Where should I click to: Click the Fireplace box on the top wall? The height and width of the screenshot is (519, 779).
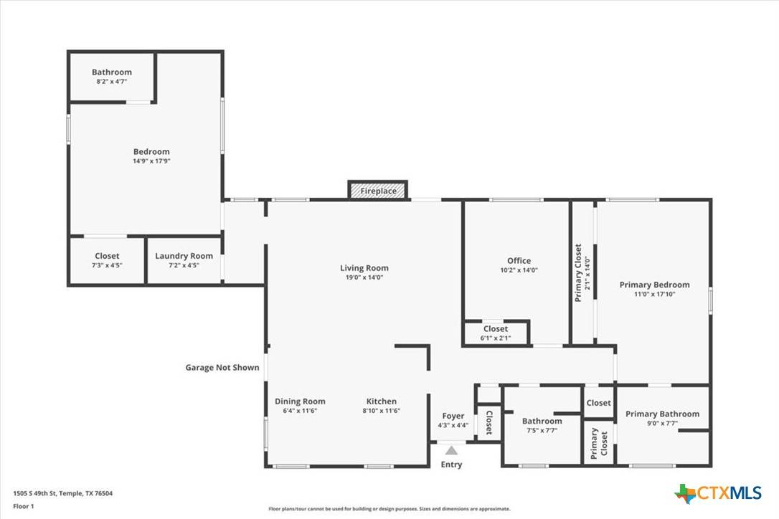(x=377, y=191)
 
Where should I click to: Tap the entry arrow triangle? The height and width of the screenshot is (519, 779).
(x=451, y=451)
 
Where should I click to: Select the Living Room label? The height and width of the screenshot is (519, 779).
(x=364, y=268)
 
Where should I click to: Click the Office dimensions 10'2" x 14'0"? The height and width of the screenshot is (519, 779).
(x=519, y=270)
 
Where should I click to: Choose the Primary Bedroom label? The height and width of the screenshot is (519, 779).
(x=654, y=285)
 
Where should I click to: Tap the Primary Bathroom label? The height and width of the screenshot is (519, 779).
(x=662, y=414)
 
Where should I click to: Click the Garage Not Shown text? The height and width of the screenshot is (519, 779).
(x=222, y=368)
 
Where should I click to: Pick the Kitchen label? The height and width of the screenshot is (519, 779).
(x=382, y=401)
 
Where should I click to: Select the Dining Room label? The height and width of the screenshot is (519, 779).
(x=300, y=401)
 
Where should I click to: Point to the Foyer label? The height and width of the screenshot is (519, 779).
(x=453, y=416)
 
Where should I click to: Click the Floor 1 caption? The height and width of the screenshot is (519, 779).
(x=24, y=505)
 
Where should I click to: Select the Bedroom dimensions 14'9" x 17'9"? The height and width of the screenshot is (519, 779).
(x=151, y=161)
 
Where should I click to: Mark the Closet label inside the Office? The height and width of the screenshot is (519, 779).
(x=495, y=329)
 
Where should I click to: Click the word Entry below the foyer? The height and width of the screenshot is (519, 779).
(x=452, y=465)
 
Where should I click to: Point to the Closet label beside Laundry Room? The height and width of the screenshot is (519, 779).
(x=107, y=256)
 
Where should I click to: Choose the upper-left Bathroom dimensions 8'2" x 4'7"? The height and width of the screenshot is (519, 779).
(x=111, y=82)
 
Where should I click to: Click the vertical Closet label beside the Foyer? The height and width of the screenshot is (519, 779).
(x=489, y=423)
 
